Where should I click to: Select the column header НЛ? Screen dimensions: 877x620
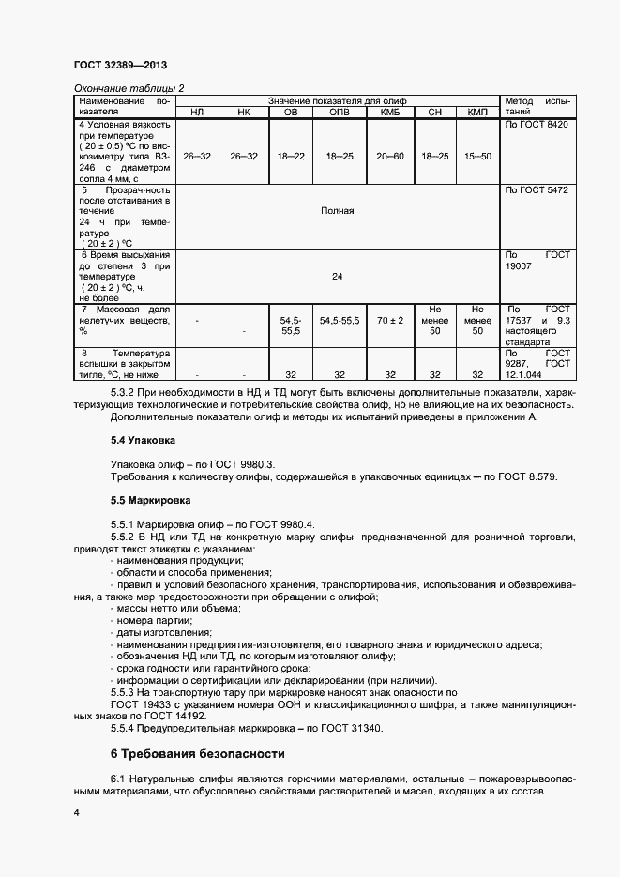pyautogui.click(x=197, y=113)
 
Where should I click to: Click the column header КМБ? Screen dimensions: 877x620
pyautogui.click(x=389, y=113)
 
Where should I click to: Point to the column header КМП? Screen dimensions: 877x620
pyautogui.click(x=478, y=113)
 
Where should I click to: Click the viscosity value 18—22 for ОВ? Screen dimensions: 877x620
pyautogui.click(x=291, y=156)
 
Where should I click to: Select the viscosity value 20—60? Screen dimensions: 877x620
pyautogui.click(x=389, y=156)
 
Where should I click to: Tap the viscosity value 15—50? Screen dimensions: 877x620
pyautogui.click(x=478, y=156)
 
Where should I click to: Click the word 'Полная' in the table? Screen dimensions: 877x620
pyautogui.click(x=338, y=210)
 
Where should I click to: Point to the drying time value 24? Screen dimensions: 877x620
pyautogui.click(x=338, y=277)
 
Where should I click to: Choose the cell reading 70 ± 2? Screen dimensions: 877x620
pyautogui.click(x=389, y=320)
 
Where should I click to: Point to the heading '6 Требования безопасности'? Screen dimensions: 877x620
pyautogui.click(x=197, y=754)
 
